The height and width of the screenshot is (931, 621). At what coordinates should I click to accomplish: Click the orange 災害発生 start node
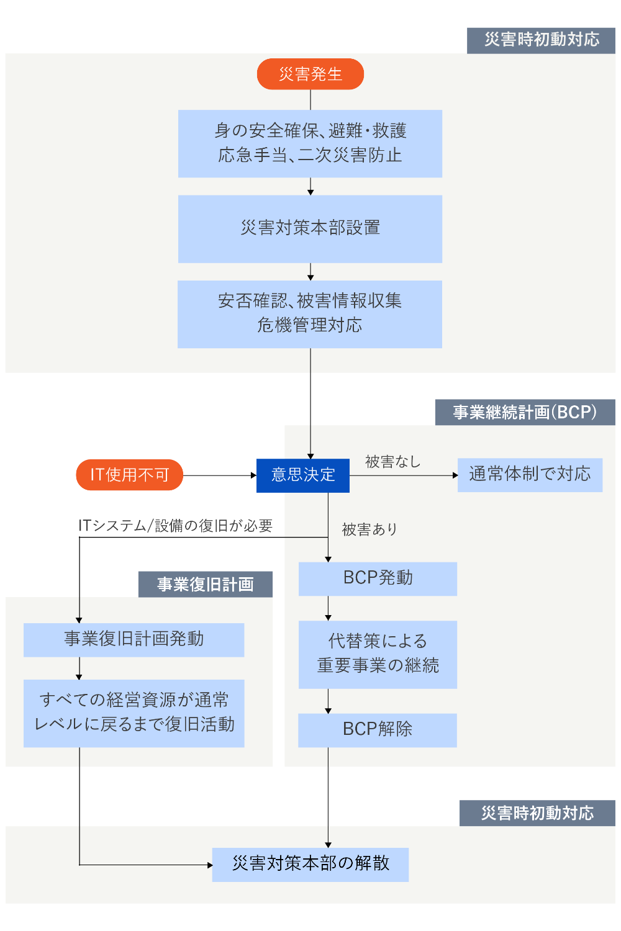coord(310,74)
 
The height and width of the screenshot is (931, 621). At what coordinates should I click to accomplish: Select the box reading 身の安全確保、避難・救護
coord(310,143)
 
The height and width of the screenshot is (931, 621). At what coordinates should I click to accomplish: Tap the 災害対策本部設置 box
coord(310,228)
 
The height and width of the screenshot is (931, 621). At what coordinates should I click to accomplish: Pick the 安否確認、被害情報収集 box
coord(310,313)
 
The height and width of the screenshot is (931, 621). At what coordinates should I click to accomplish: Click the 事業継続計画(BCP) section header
coord(525,412)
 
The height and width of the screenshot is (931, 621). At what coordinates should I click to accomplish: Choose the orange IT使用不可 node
coord(129,475)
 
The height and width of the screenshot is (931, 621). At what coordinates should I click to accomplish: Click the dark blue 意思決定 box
coord(303,475)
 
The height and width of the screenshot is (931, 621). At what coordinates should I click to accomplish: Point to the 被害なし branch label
coord(392,462)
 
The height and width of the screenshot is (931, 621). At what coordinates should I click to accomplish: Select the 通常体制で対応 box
coord(530,475)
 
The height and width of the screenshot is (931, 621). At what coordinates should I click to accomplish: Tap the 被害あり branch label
coord(369,529)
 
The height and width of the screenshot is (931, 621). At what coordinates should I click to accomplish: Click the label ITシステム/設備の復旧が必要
coord(175,526)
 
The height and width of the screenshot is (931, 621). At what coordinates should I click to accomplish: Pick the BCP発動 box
coord(378,578)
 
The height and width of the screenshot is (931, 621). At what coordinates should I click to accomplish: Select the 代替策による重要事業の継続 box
coord(378,654)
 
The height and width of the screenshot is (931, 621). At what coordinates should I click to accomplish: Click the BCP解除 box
coord(378,729)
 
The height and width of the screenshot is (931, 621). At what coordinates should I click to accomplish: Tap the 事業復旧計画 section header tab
coord(205,585)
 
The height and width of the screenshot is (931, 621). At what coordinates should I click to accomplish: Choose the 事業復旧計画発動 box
coord(134,639)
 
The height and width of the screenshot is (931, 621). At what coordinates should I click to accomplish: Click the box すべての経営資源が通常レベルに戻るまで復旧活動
coord(134,713)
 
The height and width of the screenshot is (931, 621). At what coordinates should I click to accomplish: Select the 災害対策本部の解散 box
coord(310,864)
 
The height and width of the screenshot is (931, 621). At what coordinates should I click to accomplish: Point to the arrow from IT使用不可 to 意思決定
coord(220,475)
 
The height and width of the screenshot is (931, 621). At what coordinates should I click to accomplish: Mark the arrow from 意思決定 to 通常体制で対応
coord(404,475)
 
